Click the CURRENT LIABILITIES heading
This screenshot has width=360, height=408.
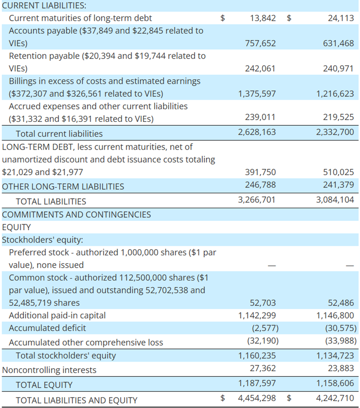(x=44, y=5)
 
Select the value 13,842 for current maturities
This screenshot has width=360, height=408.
(x=263, y=18)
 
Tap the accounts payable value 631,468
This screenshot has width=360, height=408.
(x=338, y=43)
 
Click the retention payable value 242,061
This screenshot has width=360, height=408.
(x=260, y=69)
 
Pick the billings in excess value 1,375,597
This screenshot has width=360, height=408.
(x=257, y=94)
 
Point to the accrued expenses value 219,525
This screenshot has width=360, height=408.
(x=338, y=117)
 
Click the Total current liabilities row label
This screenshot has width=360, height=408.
(x=59, y=134)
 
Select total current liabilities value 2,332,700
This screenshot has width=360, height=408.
(x=335, y=132)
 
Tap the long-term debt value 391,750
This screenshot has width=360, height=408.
(x=260, y=172)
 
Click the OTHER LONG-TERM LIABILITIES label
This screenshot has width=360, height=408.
(x=63, y=187)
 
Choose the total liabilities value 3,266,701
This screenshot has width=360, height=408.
(x=257, y=200)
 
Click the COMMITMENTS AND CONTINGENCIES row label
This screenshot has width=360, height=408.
(x=76, y=215)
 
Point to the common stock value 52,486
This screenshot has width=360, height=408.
(x=341, y=303)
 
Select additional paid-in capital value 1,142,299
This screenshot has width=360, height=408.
(x=257, y=316)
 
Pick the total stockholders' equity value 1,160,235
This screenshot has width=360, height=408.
(x=257, y=356)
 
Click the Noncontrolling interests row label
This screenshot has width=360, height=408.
(x=49, y=370)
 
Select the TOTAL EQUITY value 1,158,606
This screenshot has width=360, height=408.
(x=335, y=383)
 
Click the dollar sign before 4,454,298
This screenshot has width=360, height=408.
(x=223, y=398)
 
